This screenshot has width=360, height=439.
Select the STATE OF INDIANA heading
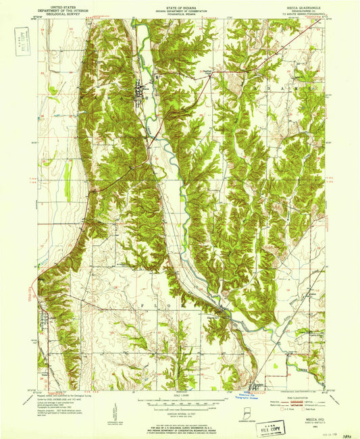(180, 4)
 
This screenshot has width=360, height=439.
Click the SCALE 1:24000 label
(180, 395)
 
